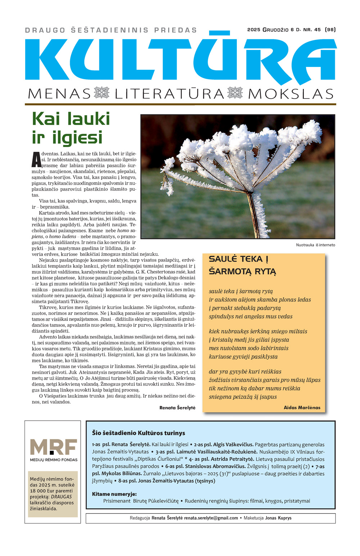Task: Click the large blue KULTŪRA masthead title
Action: point(180,59)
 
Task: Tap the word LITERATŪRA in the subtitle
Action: point(169,94)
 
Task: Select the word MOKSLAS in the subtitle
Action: point(291,94)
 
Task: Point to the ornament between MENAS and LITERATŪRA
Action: point(102,93)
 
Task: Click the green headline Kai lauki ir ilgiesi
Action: point(71,128)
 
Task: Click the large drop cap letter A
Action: point(36,160)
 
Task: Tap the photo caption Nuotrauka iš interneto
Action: point(315,245)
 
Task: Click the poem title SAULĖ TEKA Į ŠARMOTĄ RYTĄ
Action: point(242,265)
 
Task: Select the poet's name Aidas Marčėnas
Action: point(302,407)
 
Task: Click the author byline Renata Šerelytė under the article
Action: point(177,408)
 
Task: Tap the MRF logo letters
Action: point(53,447)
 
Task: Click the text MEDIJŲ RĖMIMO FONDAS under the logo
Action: point(53,460)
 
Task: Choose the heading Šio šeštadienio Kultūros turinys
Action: point(138,433)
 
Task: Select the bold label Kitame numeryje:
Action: point(114,494)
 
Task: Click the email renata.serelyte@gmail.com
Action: point(211,518)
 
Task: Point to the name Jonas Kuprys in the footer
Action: point(278,518)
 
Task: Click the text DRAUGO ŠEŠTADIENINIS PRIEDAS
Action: point(111,30)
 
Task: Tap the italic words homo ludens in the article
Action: point(63,236)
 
